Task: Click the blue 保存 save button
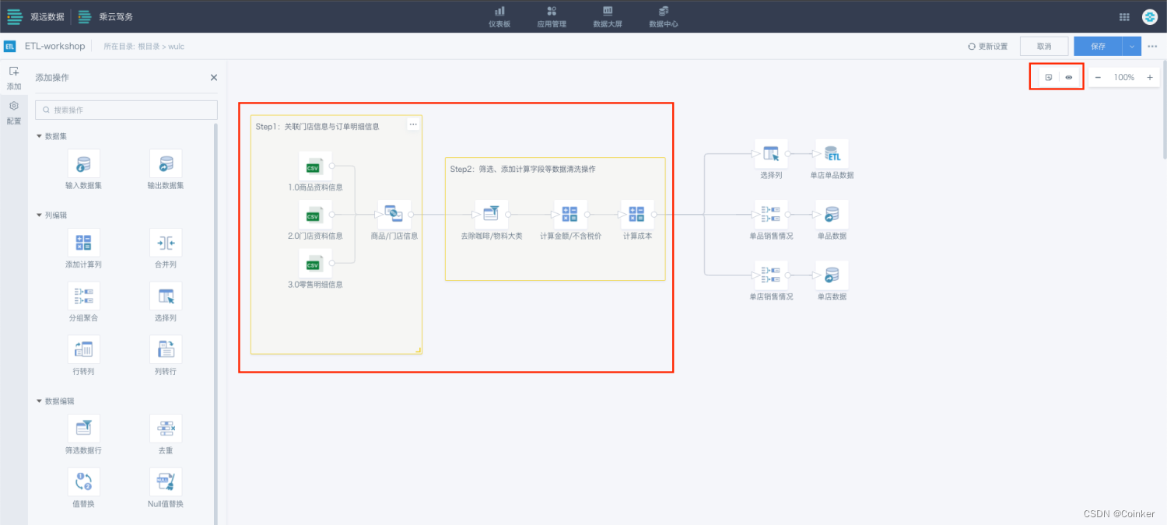(1098, 47)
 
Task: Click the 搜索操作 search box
(126, 110)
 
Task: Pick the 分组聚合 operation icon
(83, 296)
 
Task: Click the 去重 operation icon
(166, 429)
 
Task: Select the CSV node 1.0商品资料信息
(315, 166)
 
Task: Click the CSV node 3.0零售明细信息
(315, 264)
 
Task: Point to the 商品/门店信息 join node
(394, 215)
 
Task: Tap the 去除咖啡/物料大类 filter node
(492, 215)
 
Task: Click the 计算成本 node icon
(637, 215)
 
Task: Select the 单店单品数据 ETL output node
(832, 154)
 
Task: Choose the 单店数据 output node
(832, 275)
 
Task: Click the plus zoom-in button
(1150, 78)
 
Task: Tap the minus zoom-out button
(1098, 78)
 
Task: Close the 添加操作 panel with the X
(214, 78)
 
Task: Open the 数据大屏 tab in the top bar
(608, 16)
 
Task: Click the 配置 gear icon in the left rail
(14, 107)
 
